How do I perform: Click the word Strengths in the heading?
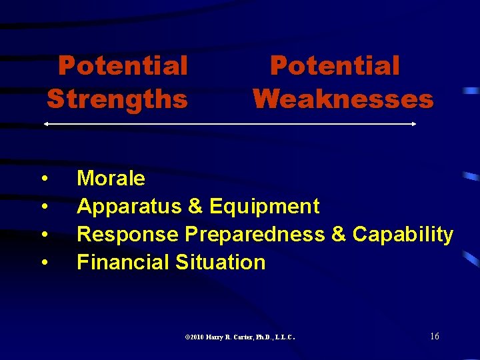pos(117,99)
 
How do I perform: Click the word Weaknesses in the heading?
pos(343,99)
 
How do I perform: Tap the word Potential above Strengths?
pos(123,66)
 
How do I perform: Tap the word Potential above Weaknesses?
pos(335,66)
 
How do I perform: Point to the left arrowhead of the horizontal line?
pos(45,124)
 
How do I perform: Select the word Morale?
pos(111,178)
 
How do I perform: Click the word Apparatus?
pos(130,207)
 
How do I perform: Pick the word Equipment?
pos(264,207)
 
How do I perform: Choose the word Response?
pos(128,235)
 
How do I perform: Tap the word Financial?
pos(123,263)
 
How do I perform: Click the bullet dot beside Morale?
pos(43,179)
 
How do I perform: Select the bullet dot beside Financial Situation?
pos(43,263)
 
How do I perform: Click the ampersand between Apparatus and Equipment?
pos(195,207)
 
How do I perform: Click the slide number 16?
pos(434,336)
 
